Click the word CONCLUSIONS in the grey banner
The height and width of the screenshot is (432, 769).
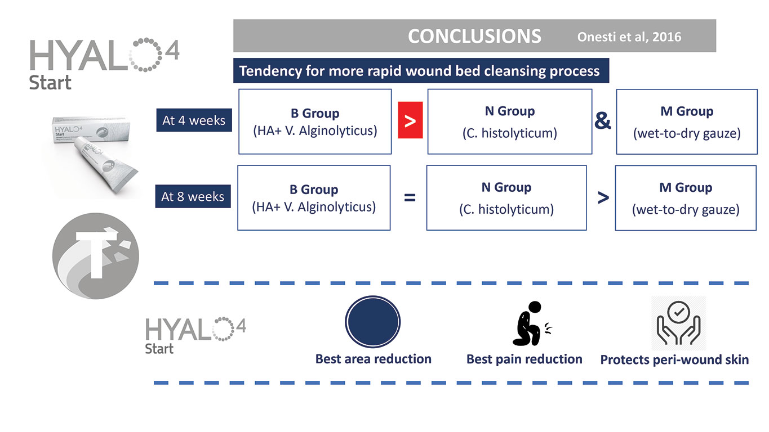point(474,36)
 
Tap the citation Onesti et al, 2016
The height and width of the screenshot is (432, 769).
point(629,37)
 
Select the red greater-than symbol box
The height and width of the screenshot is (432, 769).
point(410,120)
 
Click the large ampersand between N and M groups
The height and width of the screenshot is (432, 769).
point(603,121)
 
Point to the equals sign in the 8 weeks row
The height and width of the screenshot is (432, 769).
point(410,197)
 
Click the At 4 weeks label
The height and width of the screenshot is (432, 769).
point(194,120)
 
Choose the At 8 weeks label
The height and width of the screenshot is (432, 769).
point(193,196)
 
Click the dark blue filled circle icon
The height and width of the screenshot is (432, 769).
point(373,322)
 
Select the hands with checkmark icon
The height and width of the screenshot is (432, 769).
point(678,323)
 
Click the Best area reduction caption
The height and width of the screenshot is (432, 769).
point(373,359)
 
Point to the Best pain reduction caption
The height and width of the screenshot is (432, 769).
point(524,359)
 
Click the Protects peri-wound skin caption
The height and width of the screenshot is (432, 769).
point(674,359)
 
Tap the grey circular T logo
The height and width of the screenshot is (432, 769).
point(96,256)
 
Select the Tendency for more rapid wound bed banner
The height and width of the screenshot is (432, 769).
point(421,71)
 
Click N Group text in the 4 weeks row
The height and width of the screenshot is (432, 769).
point(510,111)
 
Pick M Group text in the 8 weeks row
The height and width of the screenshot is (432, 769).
point(686,187)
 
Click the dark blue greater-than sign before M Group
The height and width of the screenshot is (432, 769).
point(603,198)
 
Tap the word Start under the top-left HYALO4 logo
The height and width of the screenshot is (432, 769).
point(50,83)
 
